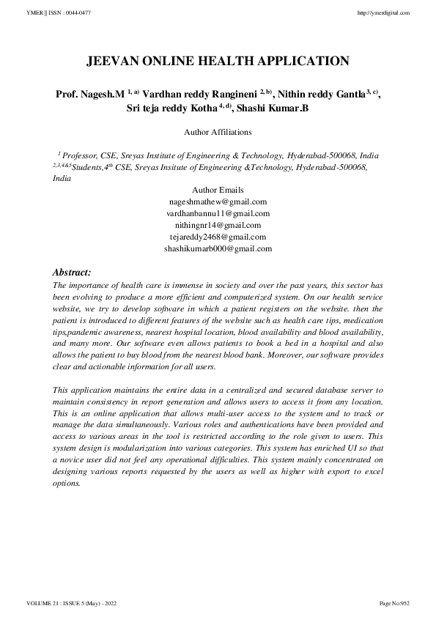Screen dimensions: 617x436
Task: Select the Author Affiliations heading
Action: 218,133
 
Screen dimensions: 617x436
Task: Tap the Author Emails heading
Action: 218,190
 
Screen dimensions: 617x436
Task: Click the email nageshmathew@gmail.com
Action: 218,202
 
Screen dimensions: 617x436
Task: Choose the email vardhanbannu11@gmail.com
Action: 218,213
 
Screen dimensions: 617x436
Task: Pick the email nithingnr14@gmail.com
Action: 218,225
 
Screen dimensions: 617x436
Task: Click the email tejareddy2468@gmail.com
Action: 218,237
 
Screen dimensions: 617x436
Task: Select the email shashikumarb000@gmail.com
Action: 218,248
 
